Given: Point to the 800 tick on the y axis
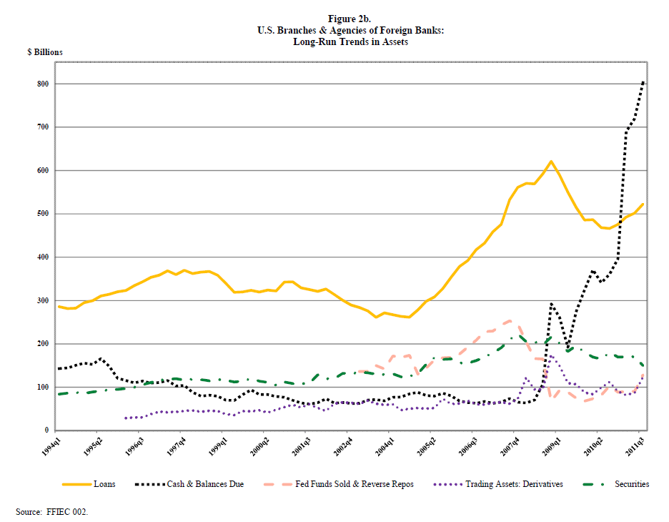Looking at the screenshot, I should click(x=42, y=84).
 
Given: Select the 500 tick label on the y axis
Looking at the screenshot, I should click(x=42, y=214).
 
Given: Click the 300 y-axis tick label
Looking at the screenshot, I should click(x=42, y=300).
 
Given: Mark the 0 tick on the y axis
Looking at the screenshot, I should click(x=46, y=430).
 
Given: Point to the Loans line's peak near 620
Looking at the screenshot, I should click(x=551, y=162).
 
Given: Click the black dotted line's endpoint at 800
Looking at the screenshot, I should click(x=643, y=82).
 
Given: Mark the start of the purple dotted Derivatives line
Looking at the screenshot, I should click(x=126, y=418).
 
